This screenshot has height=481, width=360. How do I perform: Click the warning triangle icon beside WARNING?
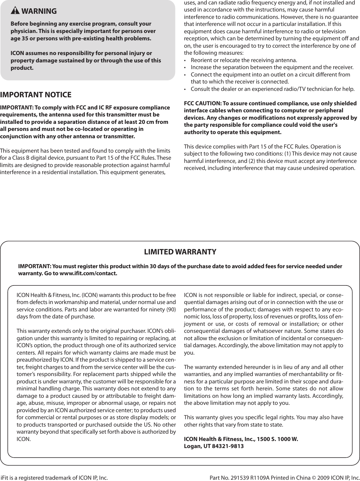tap(15, 11)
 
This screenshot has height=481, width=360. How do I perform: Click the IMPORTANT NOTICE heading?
tap(36, 95)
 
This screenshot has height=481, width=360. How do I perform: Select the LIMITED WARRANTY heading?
tap(180, 252)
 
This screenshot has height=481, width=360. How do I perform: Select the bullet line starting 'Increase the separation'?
tap(272, 67)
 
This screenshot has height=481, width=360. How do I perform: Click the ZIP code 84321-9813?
tap(228, 446)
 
